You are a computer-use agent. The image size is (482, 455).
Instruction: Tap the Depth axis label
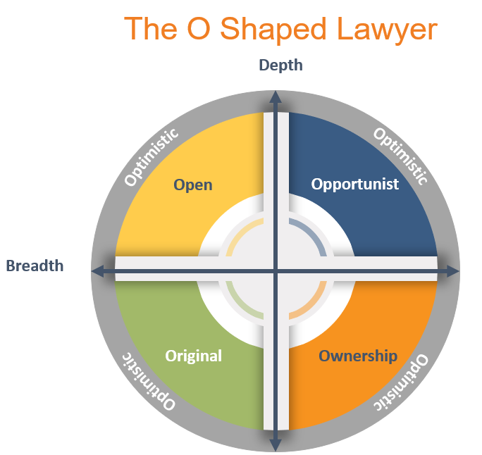pyautogui.click(x=280, y=66)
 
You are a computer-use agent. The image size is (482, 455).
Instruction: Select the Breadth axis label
pyautogui.click(x=35, y=266)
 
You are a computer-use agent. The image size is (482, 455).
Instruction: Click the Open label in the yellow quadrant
pyautogui.click(x=193, y=185)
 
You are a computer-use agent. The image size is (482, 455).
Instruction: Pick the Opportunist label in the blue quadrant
pyautogui.click(x=355, y=184)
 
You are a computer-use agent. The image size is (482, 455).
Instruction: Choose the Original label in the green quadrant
pyautogui.click(x=193, y=356)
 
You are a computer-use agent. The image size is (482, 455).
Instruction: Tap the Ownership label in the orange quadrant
pyautogui.click(x=358, y=356)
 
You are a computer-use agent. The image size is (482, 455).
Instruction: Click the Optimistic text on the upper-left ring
pyautogui.click(x=151, y=157)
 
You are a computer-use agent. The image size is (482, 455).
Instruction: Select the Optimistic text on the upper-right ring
pyautogui.click(x=400, y=156)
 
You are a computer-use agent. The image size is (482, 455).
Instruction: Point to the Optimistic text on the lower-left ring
pyautogui.click(x=149, y=381)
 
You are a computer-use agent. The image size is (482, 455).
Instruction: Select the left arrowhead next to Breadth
pyautogui.click(x=97, y=270)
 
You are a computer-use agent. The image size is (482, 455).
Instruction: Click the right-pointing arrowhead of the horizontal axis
pyautogui.click(x=453, y=270)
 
